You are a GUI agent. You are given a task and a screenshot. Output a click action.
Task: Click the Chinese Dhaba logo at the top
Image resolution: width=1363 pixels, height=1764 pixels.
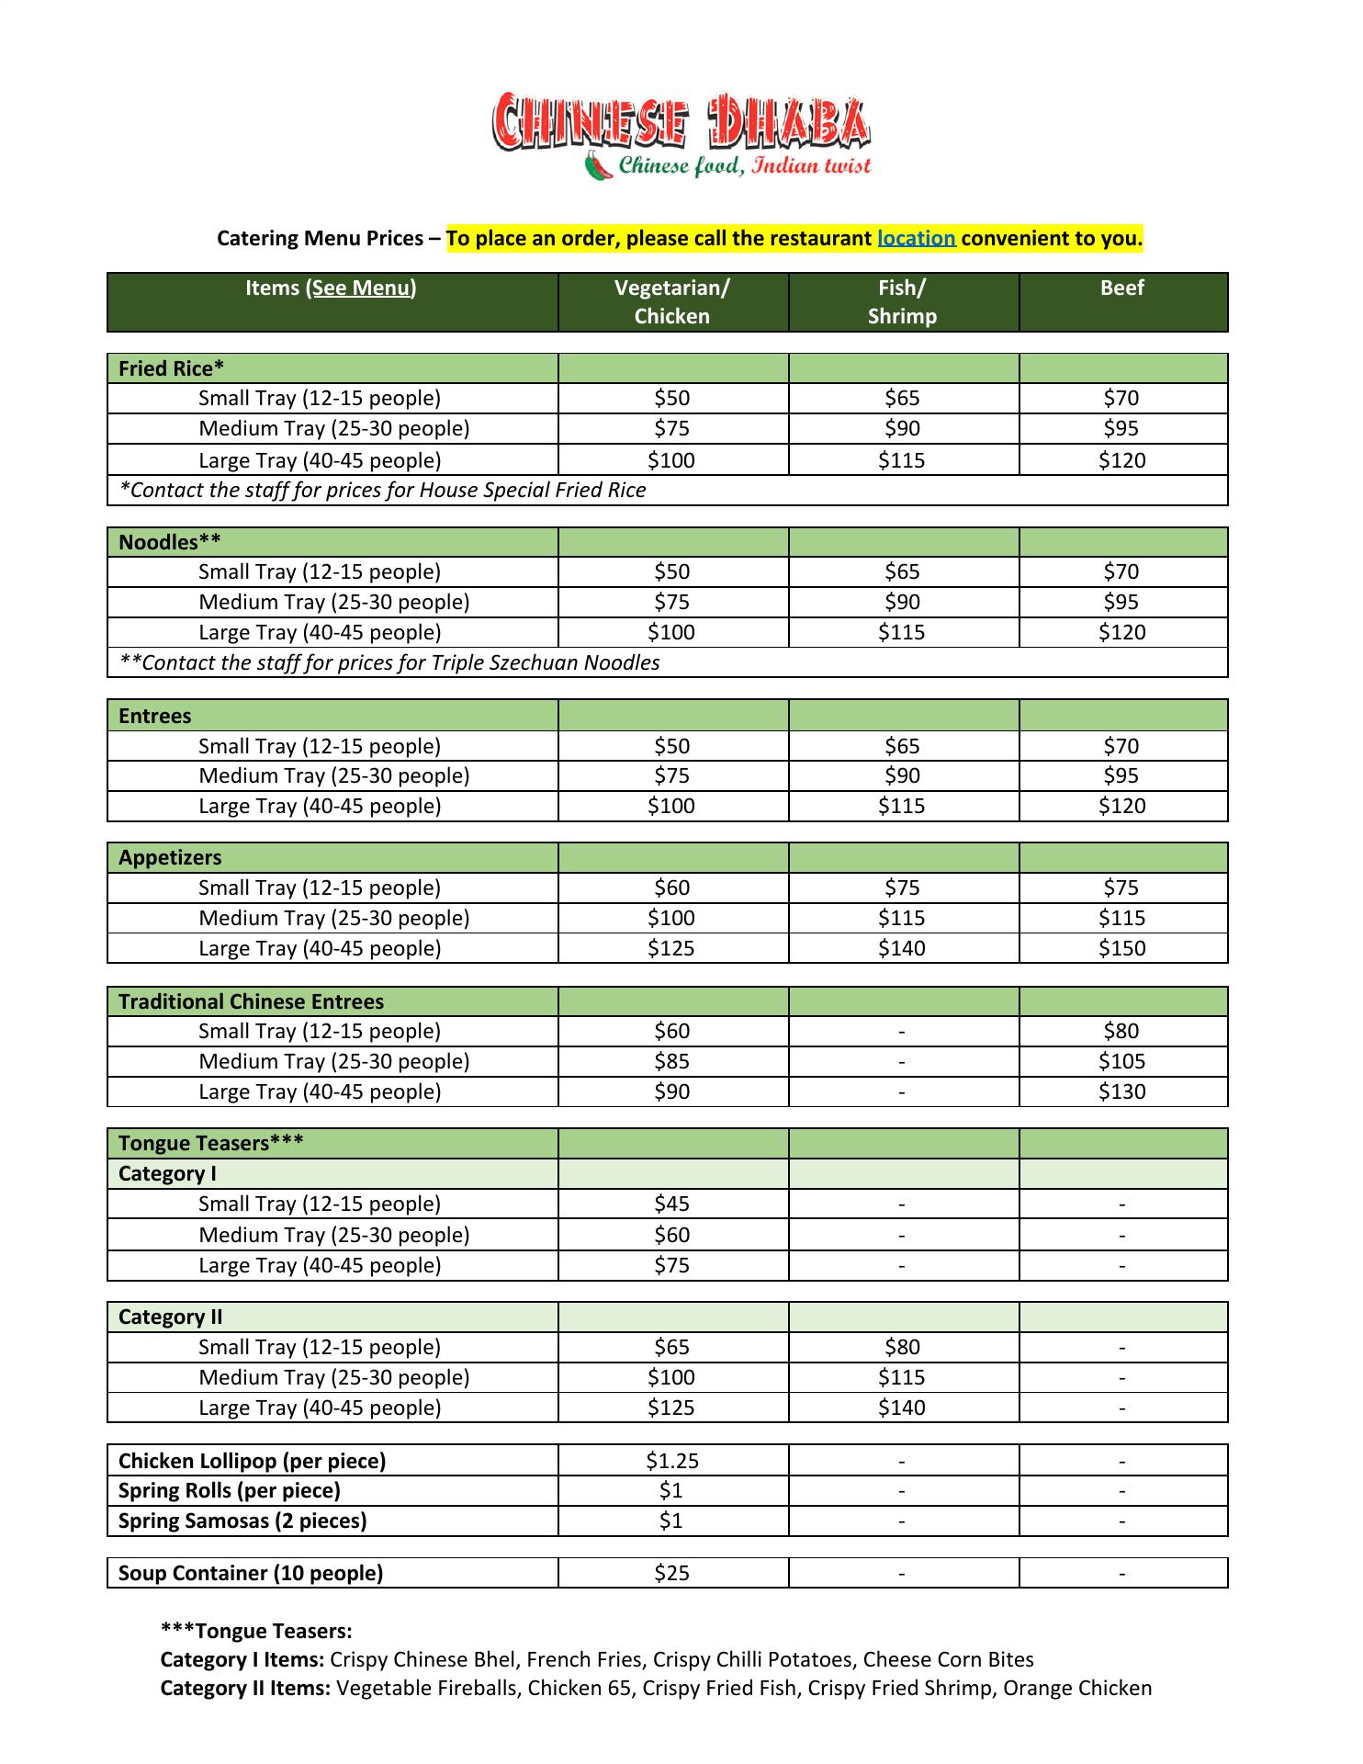click(x=681, y=134)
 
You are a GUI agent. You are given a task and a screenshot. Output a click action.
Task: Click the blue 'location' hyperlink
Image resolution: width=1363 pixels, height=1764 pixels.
click(x=916, y=239)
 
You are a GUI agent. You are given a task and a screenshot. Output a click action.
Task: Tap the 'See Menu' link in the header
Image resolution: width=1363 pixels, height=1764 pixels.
click(x=360, y=288)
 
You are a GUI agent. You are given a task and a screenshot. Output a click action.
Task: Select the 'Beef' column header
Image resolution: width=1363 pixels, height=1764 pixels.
click(x=1121, y=288)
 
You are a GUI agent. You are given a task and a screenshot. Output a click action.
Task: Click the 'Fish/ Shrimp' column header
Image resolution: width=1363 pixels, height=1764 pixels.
click(x=902, y=301)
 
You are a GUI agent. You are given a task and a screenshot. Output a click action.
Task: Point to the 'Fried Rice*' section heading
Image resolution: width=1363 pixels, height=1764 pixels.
click(x=172, y=368)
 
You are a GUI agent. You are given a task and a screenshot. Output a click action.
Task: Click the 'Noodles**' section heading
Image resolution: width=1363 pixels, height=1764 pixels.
click(x=170, y=542)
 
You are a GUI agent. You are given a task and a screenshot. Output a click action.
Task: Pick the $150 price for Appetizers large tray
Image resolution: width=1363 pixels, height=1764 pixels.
click(x=1121, y=948)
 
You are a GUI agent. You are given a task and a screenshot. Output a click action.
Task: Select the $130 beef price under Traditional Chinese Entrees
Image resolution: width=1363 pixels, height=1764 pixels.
click(x=1121, y=1091)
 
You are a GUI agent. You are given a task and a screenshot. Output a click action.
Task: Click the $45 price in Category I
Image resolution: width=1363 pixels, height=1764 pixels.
click(x=671, y=1204)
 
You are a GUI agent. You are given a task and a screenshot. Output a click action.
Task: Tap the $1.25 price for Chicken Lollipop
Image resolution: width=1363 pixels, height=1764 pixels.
click(x=671, y=1461)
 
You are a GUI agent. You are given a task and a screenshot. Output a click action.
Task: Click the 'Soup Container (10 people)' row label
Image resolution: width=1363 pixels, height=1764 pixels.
click(x=251, y=1573)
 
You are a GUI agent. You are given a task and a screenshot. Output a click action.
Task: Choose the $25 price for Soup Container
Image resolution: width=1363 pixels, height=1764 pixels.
click(x=671, y=1573)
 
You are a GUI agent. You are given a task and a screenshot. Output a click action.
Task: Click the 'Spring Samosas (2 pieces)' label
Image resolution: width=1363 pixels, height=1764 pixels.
click(x=242, y=1521)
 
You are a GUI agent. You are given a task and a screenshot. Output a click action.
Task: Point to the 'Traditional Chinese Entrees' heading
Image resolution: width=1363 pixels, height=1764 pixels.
click(x=251, y=1001)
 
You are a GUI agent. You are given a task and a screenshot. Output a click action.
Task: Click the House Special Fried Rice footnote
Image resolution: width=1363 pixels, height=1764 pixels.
click(x=383, y=490)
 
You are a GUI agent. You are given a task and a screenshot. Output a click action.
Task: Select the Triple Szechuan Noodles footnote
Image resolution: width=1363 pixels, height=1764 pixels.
click(x=389, y=662)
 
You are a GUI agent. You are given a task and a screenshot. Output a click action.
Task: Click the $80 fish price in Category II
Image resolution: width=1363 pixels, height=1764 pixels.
click(x=902, y=1347)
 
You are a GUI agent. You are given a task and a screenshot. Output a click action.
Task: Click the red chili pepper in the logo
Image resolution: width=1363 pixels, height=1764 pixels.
click(x=599, y=167)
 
